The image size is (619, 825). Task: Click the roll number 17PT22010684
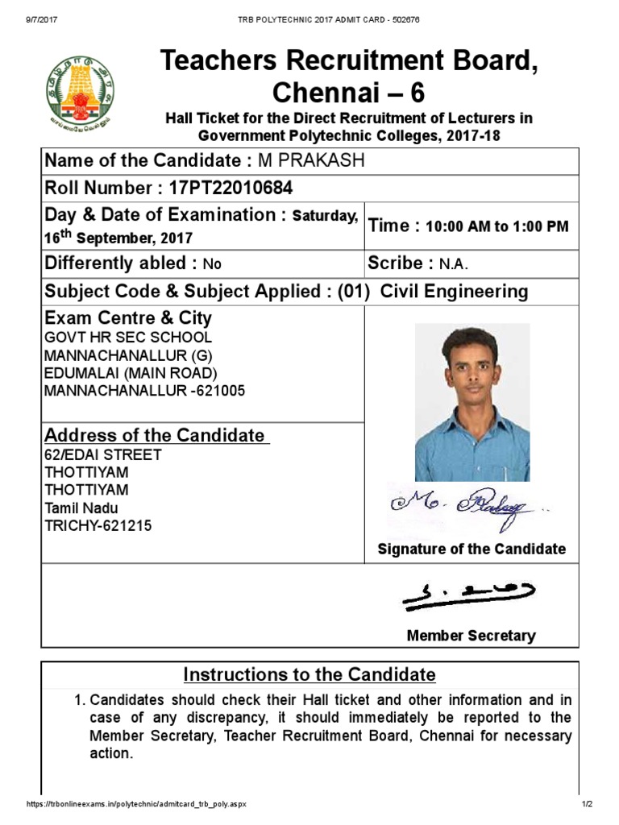click(x=231, y=189)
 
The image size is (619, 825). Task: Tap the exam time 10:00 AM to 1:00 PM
click(x=496, y=226)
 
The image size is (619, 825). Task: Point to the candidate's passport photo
click(x=472, y=402)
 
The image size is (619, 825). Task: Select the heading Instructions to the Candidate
click(x=309, y=674)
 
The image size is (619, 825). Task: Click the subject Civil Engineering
click(x=454, y=292)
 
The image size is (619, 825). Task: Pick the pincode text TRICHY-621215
click(x=98, y=525)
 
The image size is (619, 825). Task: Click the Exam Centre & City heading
click(x=128, y=317)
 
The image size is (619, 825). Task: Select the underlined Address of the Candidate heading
click(x=155, y=435)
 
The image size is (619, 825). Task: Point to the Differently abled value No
click(x=212, y=264)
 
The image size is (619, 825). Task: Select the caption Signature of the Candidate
click(x=472, y=549)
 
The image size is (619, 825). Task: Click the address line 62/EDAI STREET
click(x=102, y=454)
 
